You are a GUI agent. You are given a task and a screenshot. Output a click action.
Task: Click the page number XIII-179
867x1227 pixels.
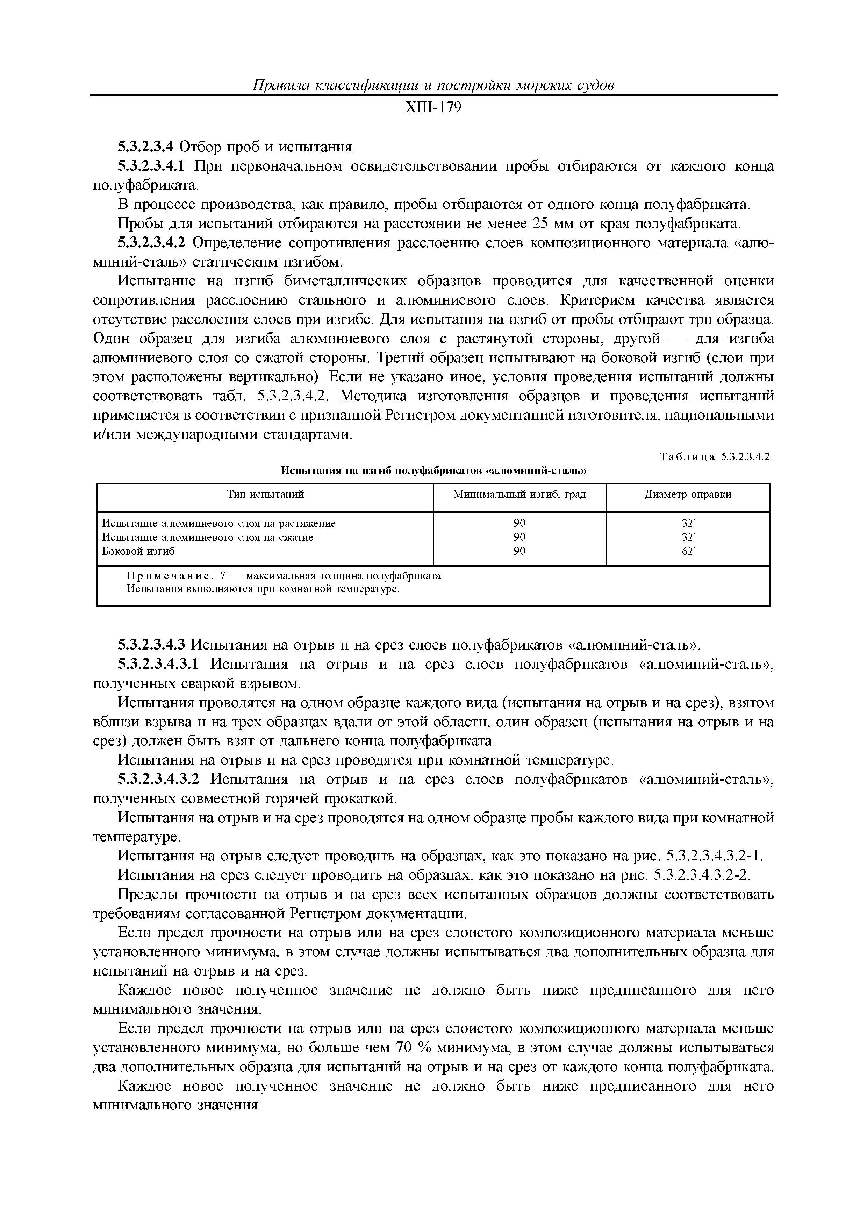coord(433,108)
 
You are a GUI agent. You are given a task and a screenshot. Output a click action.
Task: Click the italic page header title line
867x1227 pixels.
coord(433,85)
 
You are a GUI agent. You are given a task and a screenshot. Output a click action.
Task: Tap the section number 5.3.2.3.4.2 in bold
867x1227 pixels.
coord(151,243)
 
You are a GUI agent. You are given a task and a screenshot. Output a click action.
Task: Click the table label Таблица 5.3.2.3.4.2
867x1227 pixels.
coord(715,456)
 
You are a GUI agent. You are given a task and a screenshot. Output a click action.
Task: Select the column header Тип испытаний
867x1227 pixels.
coord(265,494)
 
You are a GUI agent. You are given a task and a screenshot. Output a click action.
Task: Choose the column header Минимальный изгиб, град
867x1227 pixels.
coord(519,494)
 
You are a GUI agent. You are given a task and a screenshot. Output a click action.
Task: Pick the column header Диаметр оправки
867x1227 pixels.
coord(688,494)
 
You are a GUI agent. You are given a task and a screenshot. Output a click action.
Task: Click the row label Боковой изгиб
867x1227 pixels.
coord(138,551)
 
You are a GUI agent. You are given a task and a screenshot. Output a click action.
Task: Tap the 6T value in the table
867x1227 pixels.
coord(688,551)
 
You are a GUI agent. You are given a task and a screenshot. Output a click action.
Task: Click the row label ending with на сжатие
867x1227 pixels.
coord(208,537)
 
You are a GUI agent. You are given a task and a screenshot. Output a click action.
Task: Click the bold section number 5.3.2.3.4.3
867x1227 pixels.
coord(151,645)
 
